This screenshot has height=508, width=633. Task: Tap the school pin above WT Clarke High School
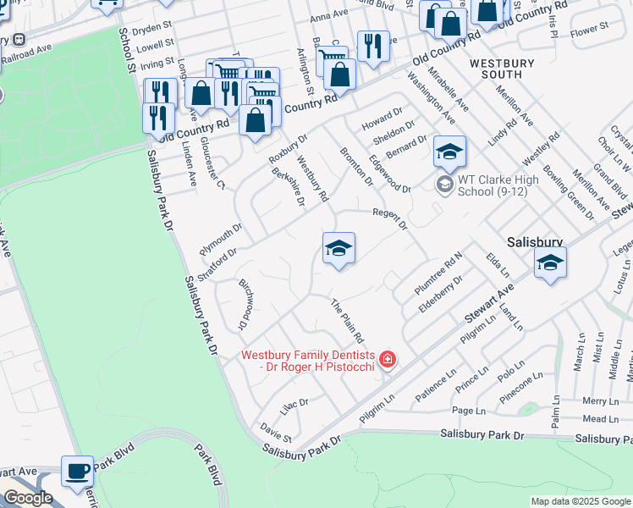(450, 152)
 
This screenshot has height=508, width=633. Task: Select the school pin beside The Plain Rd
(339, 249)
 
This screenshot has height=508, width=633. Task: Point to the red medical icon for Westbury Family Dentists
(388, 361)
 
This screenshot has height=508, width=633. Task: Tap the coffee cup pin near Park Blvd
(77, 472)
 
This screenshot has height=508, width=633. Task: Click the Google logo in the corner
(28, 498)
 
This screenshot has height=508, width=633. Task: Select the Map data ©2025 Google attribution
(581, 501)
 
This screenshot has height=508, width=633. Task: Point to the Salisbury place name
(536, 241)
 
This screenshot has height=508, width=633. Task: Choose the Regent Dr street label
(391, 219)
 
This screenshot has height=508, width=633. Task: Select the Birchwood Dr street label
(242, 304)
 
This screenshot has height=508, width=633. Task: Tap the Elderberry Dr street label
(441, 294)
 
